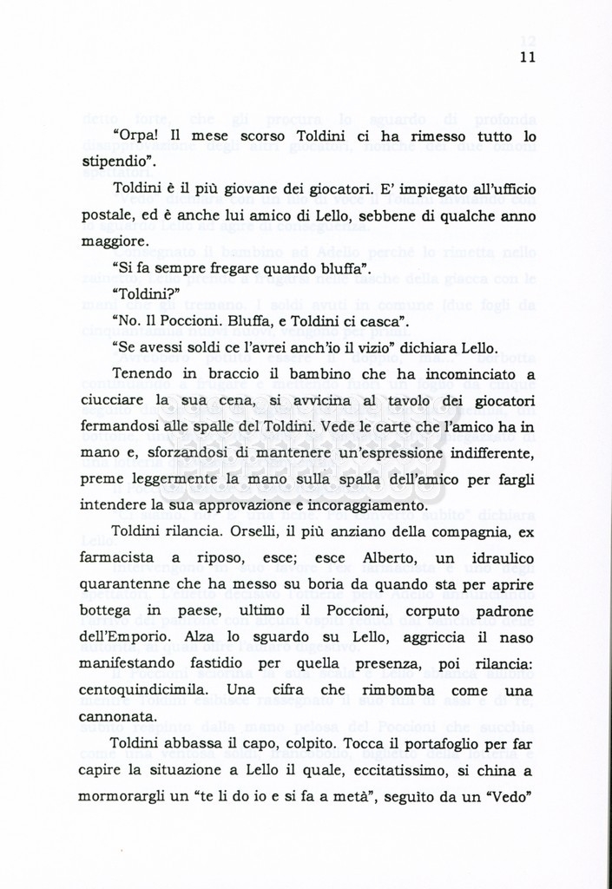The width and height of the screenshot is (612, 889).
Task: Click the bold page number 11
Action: click(528, 57)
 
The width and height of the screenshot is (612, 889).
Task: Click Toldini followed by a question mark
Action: click(146, 294)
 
